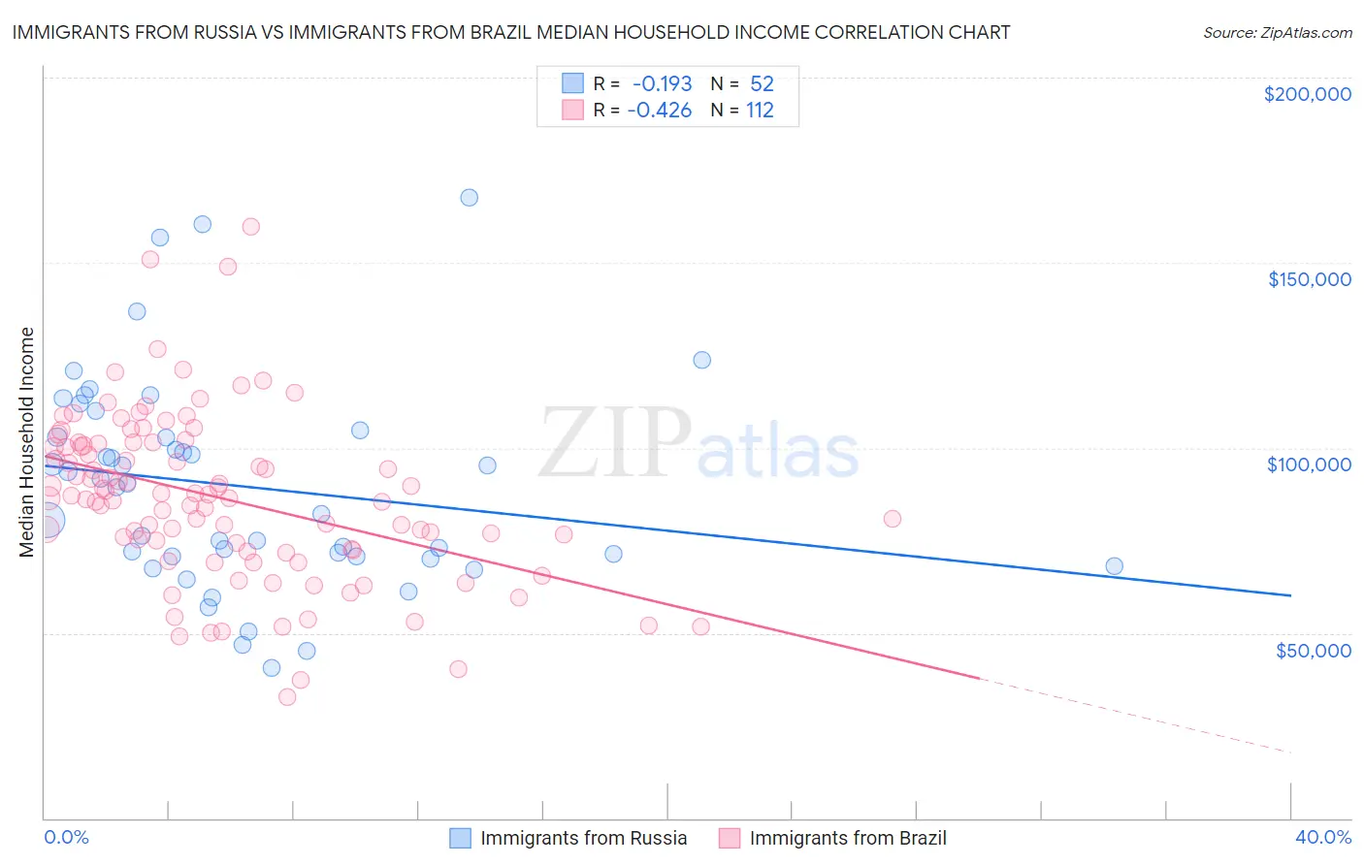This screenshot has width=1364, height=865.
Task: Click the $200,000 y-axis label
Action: [1307, 94]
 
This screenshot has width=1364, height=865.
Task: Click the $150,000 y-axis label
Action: [1309, 279]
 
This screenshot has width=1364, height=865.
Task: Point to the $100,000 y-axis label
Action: [1309, 465]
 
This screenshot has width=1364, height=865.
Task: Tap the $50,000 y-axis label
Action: [1313, 650]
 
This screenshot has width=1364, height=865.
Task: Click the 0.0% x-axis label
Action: [66, 837]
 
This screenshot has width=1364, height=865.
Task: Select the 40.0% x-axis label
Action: [1323, 837]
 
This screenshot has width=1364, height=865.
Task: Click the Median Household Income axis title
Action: [26, 442]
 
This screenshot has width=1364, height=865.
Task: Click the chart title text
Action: [511, 32]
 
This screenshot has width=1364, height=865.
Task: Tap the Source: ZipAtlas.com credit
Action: [1277, 32]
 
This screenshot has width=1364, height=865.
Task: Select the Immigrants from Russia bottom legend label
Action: [583, 838]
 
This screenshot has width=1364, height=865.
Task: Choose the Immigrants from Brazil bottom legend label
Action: [847, 838]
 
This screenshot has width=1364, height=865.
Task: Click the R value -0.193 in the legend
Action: [662, 83]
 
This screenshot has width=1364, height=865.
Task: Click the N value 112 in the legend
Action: [760, 110]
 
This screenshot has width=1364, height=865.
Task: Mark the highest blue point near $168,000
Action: [470, 197]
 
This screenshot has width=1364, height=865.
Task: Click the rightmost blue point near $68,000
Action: [1114, 566]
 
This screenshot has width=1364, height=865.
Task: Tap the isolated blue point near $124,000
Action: [701, 360]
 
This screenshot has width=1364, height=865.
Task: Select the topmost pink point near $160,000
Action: [250, 226]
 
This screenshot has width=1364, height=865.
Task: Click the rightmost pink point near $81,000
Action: [893, 519]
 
